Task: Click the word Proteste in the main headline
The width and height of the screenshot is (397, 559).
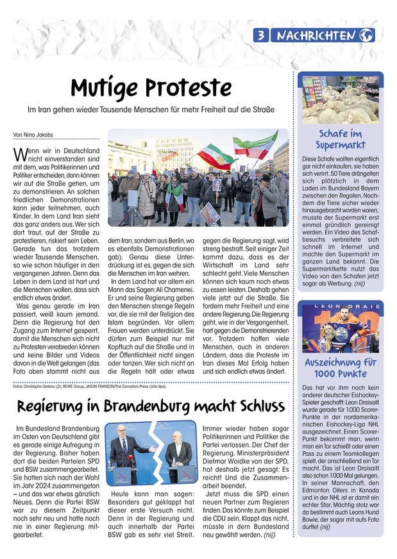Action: [x=185, y=87]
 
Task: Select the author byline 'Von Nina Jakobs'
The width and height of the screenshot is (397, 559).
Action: [x=33, y=135]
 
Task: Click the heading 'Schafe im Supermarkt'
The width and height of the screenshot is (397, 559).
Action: [x=339, y=139]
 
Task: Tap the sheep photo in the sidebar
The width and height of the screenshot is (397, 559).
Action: [x=339, y=100]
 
